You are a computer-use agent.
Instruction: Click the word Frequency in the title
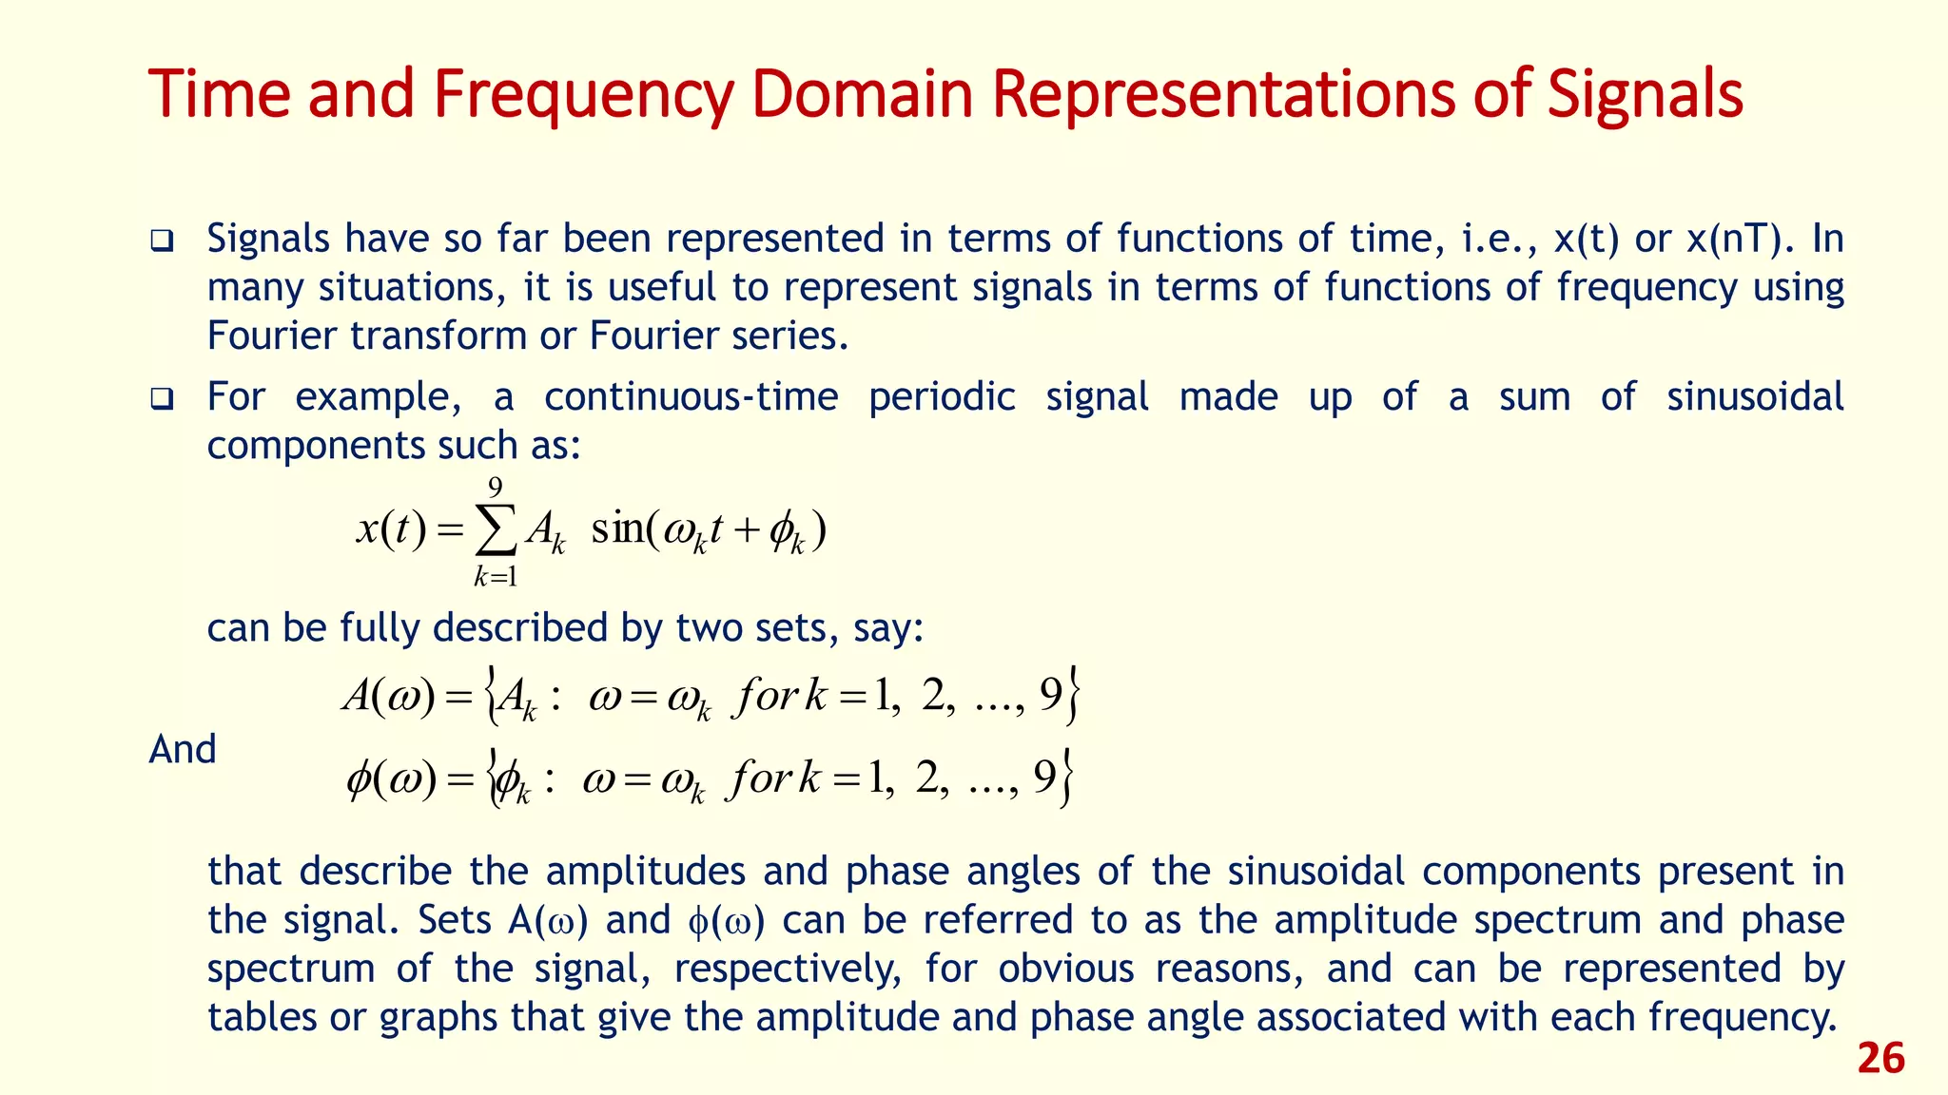pos(583,95)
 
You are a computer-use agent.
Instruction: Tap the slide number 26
pos(1880,1059)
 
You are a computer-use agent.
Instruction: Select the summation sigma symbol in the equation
pos(496,529)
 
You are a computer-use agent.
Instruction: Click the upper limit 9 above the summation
pos(496,488)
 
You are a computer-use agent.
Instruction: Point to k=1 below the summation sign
pos(496,576)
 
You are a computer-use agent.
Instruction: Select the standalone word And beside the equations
pos(183,749)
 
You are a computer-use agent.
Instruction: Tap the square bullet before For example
pos(162,397)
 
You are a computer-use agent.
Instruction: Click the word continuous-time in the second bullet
pos(691,396)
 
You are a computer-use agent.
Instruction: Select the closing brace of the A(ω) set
pos(1073,697)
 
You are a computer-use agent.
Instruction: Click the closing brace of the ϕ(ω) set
pos(1068,778)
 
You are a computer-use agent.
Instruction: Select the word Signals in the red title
pos(1645,95)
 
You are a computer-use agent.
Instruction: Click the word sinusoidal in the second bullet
pos(1755,396)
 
